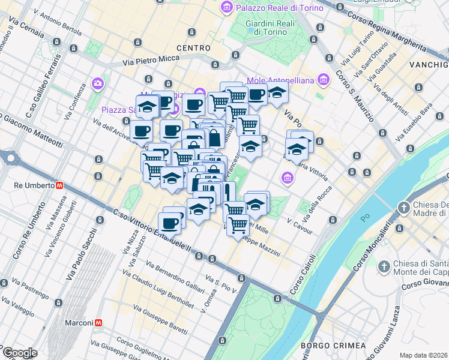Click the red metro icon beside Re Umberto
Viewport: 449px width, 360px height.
tap(60, 185)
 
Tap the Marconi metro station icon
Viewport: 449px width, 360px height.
tap(97, 323)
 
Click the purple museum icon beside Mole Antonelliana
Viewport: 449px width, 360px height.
tap(324, 79)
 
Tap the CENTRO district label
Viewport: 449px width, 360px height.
tap(193, 47)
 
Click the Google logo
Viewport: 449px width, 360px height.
tap(20, 353)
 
